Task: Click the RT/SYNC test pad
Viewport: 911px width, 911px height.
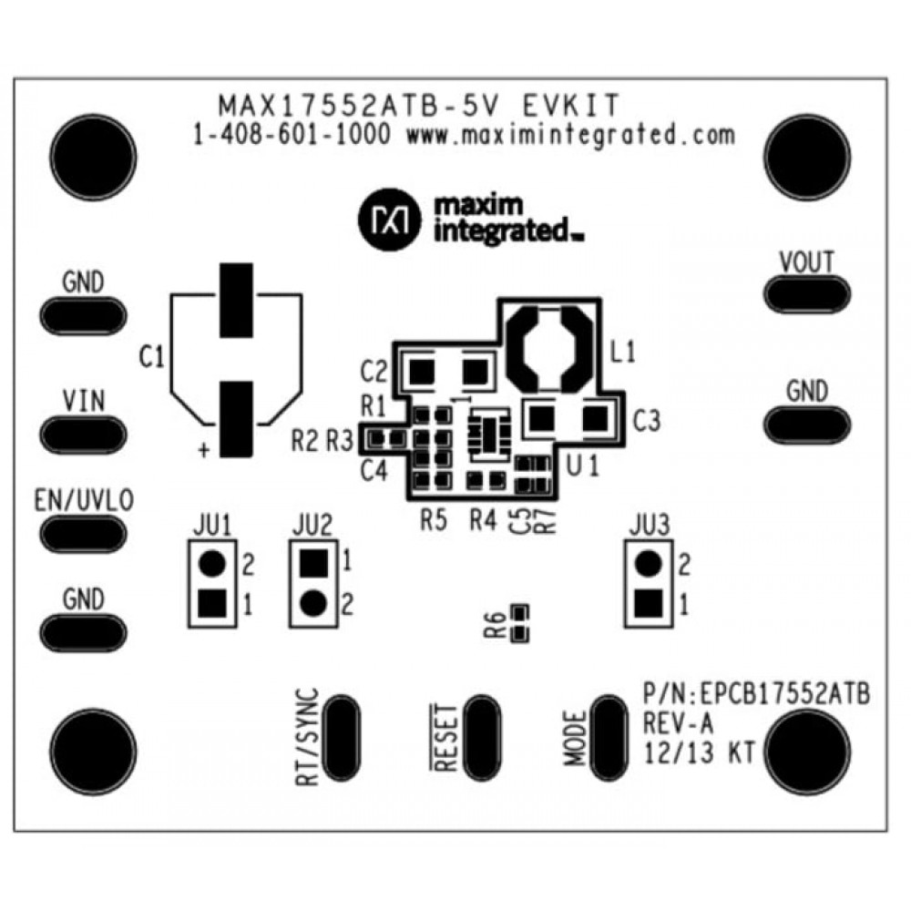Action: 341,738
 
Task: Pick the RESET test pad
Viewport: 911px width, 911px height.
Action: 482,738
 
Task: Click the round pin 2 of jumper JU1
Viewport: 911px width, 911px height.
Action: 212,564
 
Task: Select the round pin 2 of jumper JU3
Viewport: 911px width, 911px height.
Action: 647,564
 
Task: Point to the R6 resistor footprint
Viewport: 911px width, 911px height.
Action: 520,624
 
